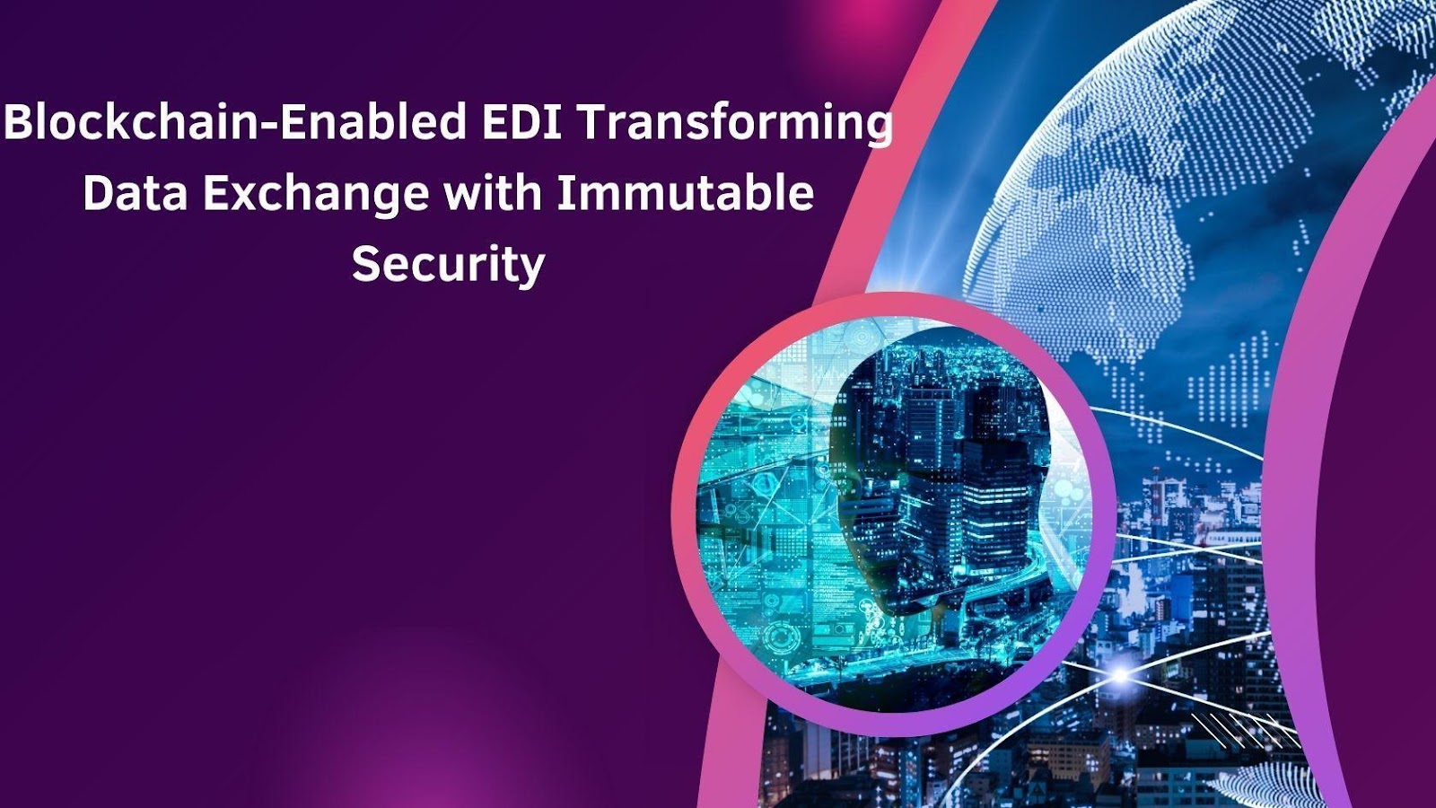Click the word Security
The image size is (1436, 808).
pyautogui.click(x=448, y=264)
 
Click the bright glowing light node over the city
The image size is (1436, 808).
pyautogui.click(x=1120, y=674)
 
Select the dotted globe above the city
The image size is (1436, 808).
pyautogui.click(x=1193, y=186)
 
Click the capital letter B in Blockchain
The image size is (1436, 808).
pyautogui.click(x=18, y=123)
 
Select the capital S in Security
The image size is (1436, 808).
pyautogui.click(x=366, y=264)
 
